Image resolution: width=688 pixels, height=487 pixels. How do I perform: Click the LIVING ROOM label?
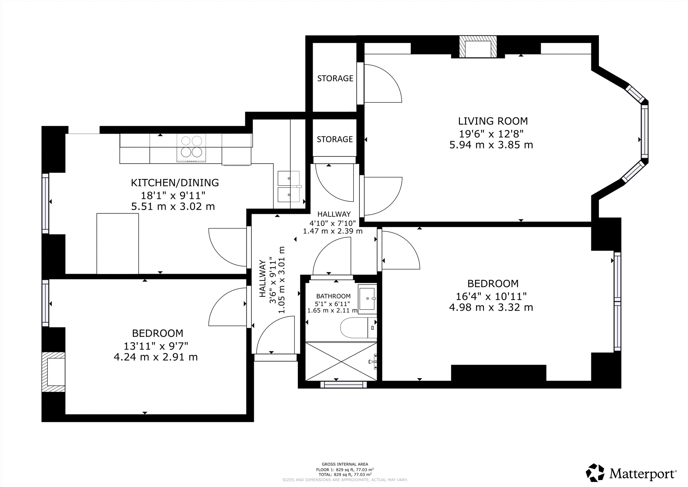(x=493, y=121)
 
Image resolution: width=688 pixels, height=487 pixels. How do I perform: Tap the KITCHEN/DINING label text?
(x=175, y=183)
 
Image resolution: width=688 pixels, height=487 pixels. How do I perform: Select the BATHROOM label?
(x=333, y=296)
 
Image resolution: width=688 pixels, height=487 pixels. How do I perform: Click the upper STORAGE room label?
(x=335, y=79)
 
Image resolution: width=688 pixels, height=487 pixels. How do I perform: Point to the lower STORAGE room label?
(x=335, y=139)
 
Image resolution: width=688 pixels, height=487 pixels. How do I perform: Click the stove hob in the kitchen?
(x=192, y=148)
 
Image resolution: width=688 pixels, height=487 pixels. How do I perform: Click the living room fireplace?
(x=478, y=47)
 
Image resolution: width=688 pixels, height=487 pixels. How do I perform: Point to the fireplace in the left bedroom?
(x=53, y=372)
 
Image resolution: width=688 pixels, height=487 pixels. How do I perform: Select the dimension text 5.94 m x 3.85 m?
(x=491, y=145)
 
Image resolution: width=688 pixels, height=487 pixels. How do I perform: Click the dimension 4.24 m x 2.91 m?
(x=155, y=357)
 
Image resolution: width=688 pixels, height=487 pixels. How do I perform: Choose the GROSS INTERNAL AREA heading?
(x=345, y=464)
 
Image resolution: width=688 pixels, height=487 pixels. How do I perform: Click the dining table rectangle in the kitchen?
(x=118, y=243)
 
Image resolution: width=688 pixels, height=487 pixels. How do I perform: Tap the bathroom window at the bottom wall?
(x=344, y=384)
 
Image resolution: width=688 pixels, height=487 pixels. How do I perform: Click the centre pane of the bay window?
(x=645, y=131)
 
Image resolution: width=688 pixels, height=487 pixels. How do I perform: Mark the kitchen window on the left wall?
(x=45, y=203)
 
